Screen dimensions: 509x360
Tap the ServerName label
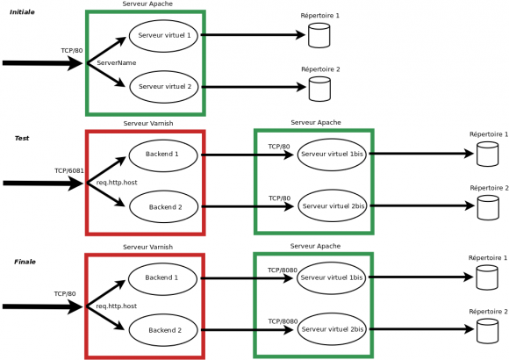pyautogui.click(x=117, y=63)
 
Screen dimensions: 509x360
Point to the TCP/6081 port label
pyautogui.click(x=69, y=170)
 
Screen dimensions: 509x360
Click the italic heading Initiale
pyautogui.click(x=22, y=12)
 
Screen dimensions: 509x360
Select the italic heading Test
pyautogui.click(x=22, y=138)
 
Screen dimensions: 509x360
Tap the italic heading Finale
pyautogui.click(x=25, y=262)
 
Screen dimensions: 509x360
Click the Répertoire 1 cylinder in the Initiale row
pyautogui.click(x=319, y=35)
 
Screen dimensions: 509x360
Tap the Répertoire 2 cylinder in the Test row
pyautogui.click(x=488, y=207)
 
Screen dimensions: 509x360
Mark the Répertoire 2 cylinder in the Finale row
pyautogui.click(x=488, y=331)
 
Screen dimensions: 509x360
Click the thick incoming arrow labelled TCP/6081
pyautogui.click(x=43, y=184)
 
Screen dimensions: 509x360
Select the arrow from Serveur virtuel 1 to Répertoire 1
pyautogui.click(x=254, y=35)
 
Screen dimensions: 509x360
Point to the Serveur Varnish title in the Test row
pyautogui.click(x=148, y=124)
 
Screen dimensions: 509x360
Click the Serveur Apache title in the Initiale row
pyautogui.click(x=147, y=4)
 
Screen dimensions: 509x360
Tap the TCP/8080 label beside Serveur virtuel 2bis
pyautogui.click(x=283, y=321)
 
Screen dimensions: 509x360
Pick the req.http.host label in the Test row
pyautogui.click(x=117, y=183)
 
